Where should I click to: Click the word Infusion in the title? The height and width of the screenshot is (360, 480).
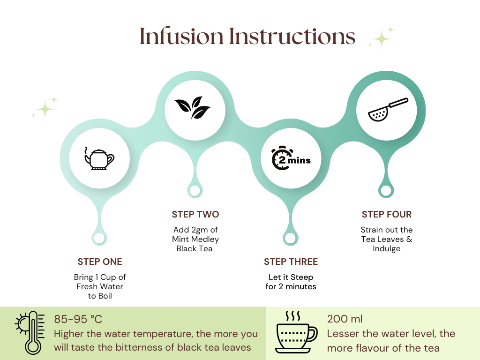click(x=181, y=36)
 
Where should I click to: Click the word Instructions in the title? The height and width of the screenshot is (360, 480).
click(x=292, y=36)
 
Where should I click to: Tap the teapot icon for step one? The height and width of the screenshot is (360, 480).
click(x=99, y=158)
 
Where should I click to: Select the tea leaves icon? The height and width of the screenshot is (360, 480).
click(x=192, y=107)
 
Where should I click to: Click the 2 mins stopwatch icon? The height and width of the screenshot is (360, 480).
click(x=291, y=158)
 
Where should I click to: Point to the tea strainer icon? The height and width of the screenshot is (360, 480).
click(x=388, y=110)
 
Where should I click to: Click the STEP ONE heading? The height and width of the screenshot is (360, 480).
click(x=100, y=262)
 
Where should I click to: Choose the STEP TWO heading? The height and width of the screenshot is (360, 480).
click(x=195, y=214)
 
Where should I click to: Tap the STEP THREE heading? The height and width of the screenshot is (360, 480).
click(x=291, y=262)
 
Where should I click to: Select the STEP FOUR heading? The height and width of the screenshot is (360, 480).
click(x=387, y=214)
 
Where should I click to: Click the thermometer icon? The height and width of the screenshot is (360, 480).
click(x=30, y=333)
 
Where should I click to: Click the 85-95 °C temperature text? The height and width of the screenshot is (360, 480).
click(x=78, y=319)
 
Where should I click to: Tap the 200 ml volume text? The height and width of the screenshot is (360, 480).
click(x=345, y=319)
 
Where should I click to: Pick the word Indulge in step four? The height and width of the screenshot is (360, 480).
click(x=387, y=248)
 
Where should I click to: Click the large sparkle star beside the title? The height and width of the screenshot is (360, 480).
click(x=382, y=38)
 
